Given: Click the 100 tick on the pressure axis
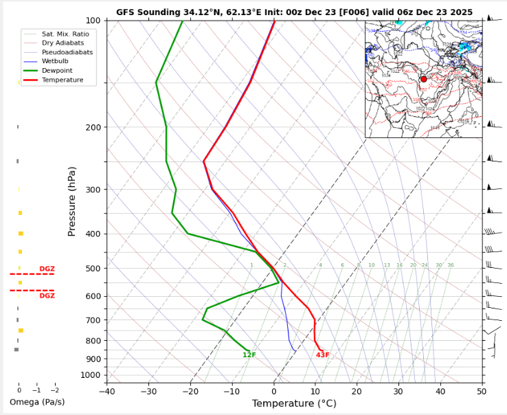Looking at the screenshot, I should pyautogui.click(x=93, y=21).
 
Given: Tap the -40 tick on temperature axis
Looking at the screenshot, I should pyautogui.click(x=106, y=391).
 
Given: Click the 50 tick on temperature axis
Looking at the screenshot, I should pyautogui.click(x=482, y=391).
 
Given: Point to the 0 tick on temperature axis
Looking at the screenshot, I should pyautogui.click(x=273, y=391).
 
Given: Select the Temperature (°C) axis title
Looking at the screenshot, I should pyautogui.click(x=294, y=403).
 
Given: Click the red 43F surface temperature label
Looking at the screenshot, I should pyautogui.click(x=323, y=355).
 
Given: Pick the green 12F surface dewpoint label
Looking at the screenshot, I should pyautogui.click(x=249, y=355).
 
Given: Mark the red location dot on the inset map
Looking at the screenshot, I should pyautogui.click(x=423, y=79).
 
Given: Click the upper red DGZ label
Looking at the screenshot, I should pyautogui.click(x=47, y=269).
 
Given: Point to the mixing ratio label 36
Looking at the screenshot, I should pyautogui.click(x=451, y=265).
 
